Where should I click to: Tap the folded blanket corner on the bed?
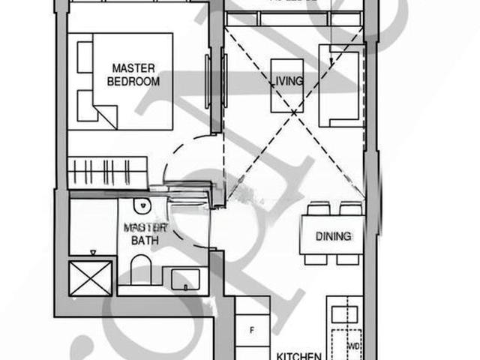(106, 115)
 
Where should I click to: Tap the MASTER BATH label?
(145, 233)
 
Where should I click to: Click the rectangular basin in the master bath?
(184, 279)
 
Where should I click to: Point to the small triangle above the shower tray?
(92, 253)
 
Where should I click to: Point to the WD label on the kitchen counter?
(354, 346)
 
